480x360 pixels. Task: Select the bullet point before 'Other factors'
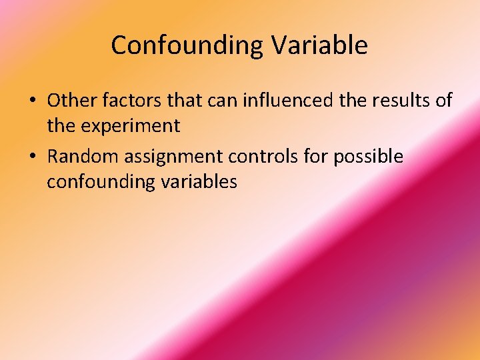[32, 101]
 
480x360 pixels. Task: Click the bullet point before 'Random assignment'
[32, 157]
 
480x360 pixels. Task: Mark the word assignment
[170, 157]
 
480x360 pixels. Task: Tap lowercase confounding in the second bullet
[100, 181]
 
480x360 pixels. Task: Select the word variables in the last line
[198, 181]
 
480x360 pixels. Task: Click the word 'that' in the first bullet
[185, 101]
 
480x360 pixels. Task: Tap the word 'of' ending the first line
[443, 101]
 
